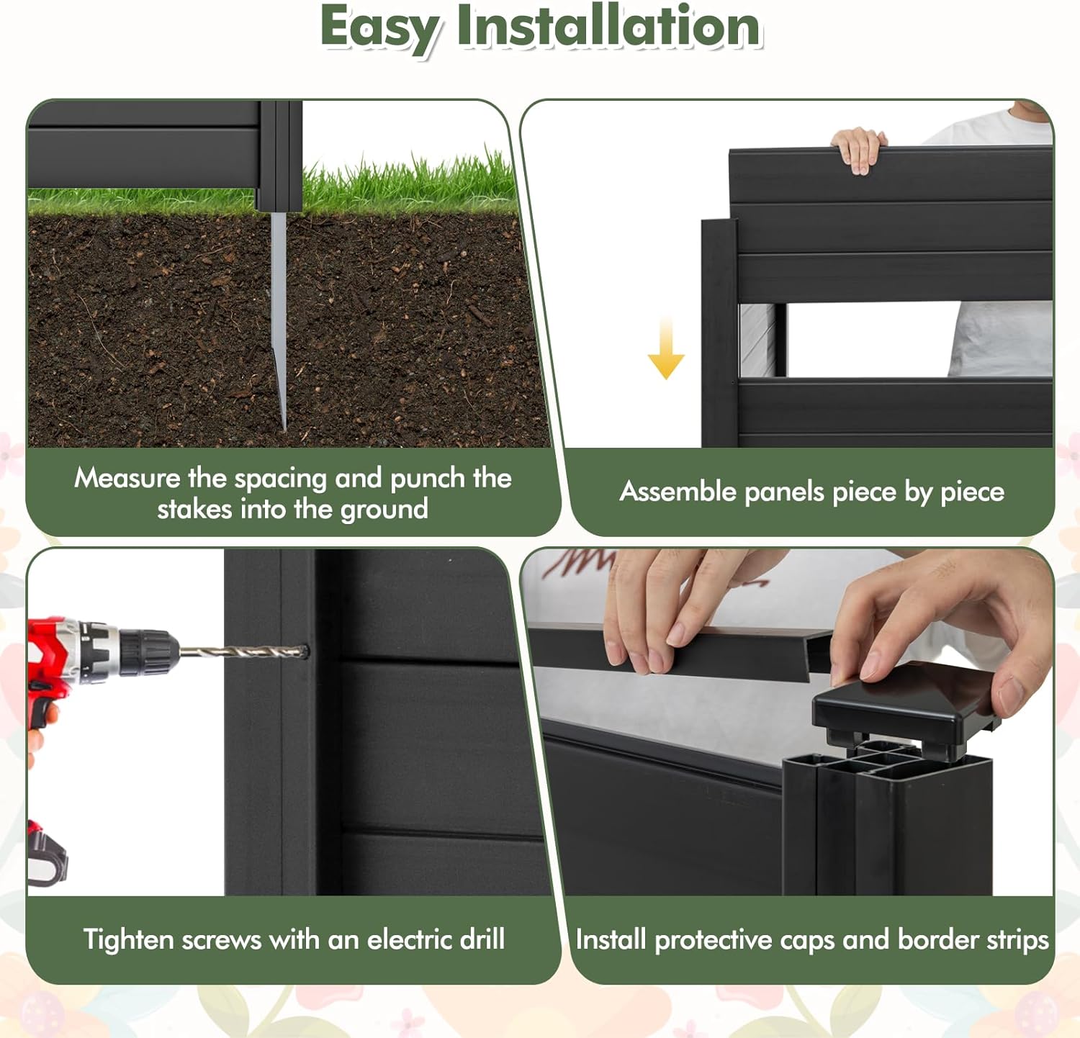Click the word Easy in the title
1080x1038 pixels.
tap(379, 27)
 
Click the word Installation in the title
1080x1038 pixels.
tap(609, 26)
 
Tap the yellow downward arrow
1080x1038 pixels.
tap(666, 347)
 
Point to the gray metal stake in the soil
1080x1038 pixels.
tap(279, 317)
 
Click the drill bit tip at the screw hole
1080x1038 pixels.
tap(303, 652)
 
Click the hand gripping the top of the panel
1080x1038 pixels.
tap(859, 150)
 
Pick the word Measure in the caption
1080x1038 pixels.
tap(127, 478)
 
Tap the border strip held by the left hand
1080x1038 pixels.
tap(684, 648)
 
